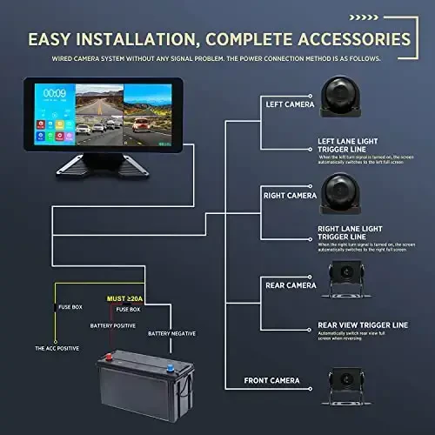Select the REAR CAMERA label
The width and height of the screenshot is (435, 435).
pos(290,284)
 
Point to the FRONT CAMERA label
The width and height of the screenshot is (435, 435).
pos(272,380)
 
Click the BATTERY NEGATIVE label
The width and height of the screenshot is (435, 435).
pos(172,333)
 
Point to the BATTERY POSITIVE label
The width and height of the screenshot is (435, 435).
pos(113,325)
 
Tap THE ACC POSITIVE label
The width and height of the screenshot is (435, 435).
pos(57,348)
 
